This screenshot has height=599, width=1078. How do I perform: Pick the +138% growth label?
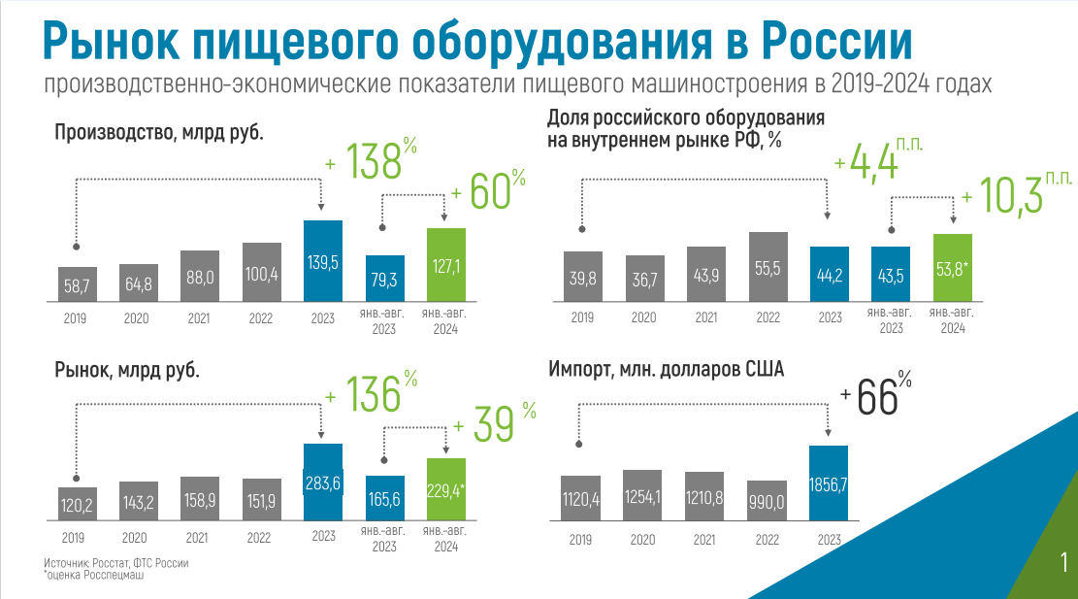coord(372,161)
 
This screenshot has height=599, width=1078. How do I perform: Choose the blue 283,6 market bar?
coord(323,482)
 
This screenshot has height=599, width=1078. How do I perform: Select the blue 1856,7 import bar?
coord(829,483)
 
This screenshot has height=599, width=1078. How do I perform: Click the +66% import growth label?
coord(876,395)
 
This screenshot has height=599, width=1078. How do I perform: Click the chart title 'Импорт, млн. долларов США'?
coord(666,369)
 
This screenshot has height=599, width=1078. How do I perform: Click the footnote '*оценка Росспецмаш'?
coord(93,575)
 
